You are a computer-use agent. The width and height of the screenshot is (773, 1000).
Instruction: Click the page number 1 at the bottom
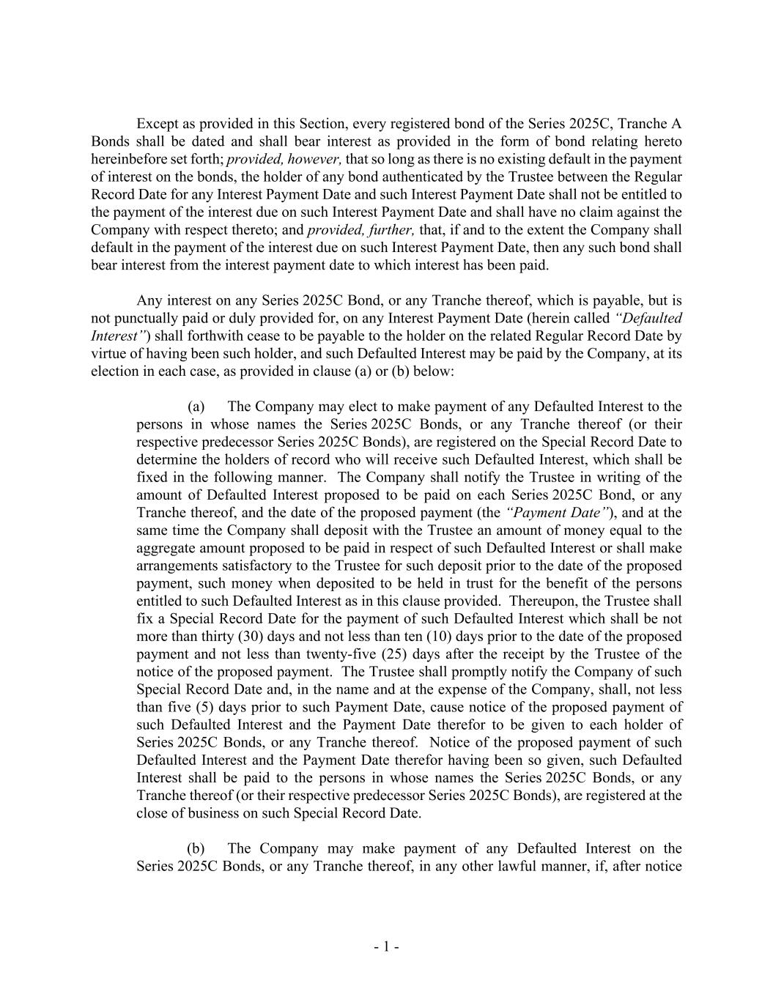pos(386,947)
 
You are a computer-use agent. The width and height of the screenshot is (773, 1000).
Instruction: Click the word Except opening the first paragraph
pos(158,124)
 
